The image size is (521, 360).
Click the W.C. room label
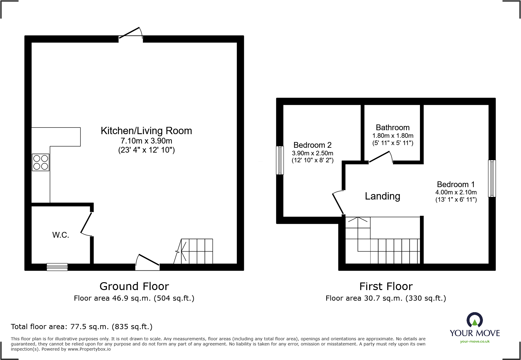61,235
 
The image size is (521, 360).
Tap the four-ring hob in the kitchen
41,162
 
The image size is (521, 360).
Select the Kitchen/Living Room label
146,131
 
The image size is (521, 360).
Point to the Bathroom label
393,127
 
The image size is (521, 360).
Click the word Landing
382,196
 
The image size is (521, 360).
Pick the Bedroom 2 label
313,145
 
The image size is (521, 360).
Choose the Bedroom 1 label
456,184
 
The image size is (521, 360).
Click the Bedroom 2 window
280,160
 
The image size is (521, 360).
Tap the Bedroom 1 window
492,179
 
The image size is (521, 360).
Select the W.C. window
57,267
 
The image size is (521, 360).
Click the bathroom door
380,157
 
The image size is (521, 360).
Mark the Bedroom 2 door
338,203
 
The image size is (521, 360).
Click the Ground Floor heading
134,286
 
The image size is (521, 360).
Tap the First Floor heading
386,286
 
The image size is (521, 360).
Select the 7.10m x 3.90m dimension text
146,141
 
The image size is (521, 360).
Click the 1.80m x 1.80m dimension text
393,136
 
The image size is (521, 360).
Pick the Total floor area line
82,327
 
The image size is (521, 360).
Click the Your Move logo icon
475,320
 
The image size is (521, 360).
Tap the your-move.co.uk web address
475,342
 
